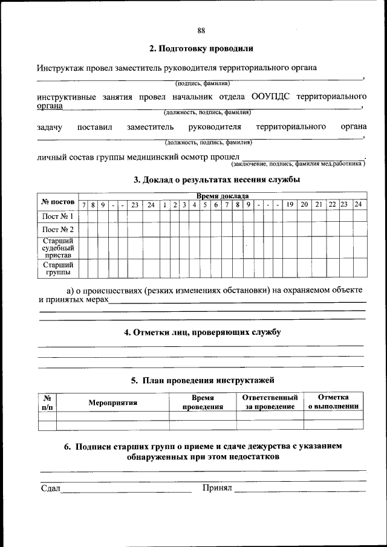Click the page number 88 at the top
point(201,31)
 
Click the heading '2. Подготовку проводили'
point(201,48)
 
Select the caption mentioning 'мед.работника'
point(296,163)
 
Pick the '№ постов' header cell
point(58,201)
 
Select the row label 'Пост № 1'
point(58,216)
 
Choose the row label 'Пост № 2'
point(58,230)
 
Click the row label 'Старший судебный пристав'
point(58,247)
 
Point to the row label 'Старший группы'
point(58,268)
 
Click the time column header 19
point(290,204)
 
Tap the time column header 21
point(319,204)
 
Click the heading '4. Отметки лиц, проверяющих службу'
point(202,332)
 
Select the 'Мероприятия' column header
point(113,403)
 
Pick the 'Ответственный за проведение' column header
point(270,403)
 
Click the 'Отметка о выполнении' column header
point(333,402)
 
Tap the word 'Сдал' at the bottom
point(50,488)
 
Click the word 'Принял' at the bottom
point(217,488)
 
